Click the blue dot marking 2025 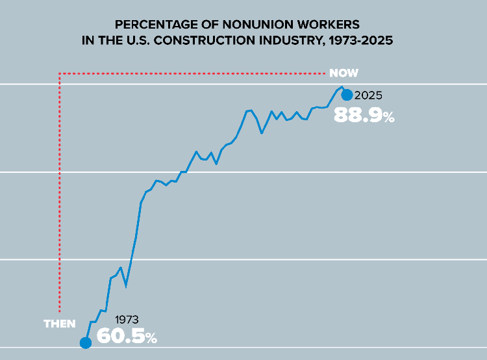pyautogui.click(x=347, y=95)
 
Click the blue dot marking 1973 pyautogui.click(x=85, y=343)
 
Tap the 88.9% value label pyautogui.click(x=364, y=116)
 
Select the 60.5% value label pyautogui.click(x=127, y=337)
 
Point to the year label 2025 pyautogui.click(x=368, y=96)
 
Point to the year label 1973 pyautogui.click(x=127, y=320)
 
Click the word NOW pyautogui.click(x=343, y=73)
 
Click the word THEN pyautogui.click(x=59, y=324)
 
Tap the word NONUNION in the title pyautogui.click(x=225, y=25)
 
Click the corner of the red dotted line pyautogui.click(x=60, y=73)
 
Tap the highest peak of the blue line pyautogui.click(x=341, y=86)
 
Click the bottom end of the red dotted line pyautogui.click(x=60, y=311)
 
